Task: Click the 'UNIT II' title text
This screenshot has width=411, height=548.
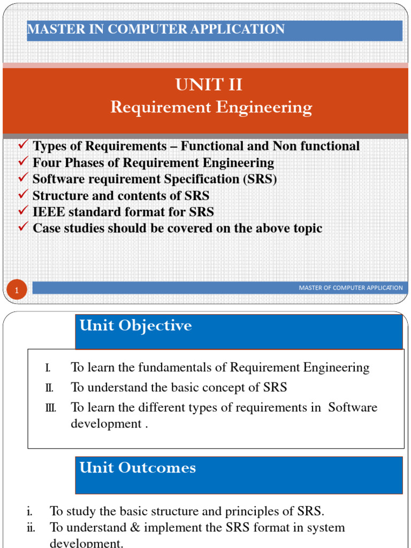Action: [x=209, y=85]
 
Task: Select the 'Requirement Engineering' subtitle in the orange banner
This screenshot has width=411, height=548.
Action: [x=211, y=108]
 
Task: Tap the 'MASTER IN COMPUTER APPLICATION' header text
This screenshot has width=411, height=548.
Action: [x=156, y=29]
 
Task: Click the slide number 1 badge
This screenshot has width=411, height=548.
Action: [x=17, y=291]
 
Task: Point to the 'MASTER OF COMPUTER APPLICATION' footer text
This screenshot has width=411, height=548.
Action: [x=351, y=288]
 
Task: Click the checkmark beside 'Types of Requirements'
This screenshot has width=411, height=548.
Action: [x=23, y=146]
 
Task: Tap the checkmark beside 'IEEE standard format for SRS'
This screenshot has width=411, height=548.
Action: [x=23, y=211]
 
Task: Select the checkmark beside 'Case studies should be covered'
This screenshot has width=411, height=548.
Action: [x=23, y=228]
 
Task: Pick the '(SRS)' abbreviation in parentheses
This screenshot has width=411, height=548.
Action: [x=260, y=179]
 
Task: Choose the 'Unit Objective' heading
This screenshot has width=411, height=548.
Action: [x=135, y=326]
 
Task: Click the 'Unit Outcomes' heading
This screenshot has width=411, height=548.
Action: [x=138, y=468]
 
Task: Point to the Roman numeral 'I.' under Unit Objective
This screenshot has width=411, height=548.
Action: [x=48, y=368]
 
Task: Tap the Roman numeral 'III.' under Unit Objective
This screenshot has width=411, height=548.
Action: [x=50, y=408]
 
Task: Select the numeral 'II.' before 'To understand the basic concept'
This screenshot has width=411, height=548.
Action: [x=49, y=388]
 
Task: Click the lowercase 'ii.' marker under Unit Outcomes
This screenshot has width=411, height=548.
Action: [x=31, y=528]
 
